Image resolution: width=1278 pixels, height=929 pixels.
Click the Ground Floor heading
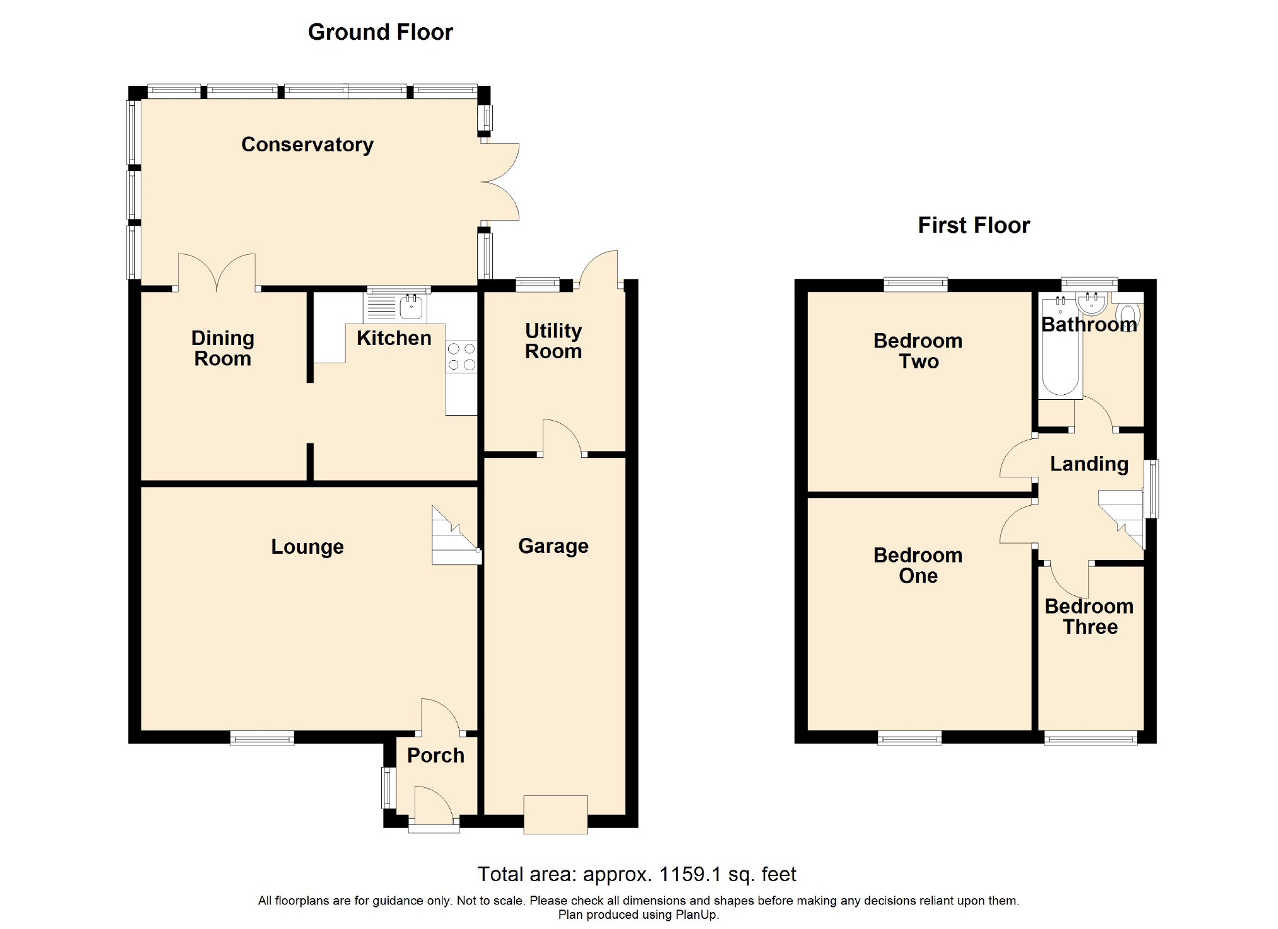point(380,32)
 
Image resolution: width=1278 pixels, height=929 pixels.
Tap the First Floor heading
point(973,225)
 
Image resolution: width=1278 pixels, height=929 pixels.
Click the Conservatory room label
point(307,144)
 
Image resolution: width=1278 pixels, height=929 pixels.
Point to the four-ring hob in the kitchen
point(461,357)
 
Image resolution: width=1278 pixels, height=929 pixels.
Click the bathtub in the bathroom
point(1060,348)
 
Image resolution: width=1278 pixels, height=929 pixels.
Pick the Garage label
point(553,546)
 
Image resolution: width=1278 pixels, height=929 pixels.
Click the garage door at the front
point(555,815)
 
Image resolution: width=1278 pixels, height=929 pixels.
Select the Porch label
point(435,755)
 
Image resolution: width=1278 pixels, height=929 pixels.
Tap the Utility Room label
point(553,341)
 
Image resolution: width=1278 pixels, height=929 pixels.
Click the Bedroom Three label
point(1089,616)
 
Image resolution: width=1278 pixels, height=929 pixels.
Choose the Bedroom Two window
point(916,284)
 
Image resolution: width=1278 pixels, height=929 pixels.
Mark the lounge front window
point(262,737)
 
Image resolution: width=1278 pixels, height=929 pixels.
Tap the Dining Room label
point(223,348)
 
